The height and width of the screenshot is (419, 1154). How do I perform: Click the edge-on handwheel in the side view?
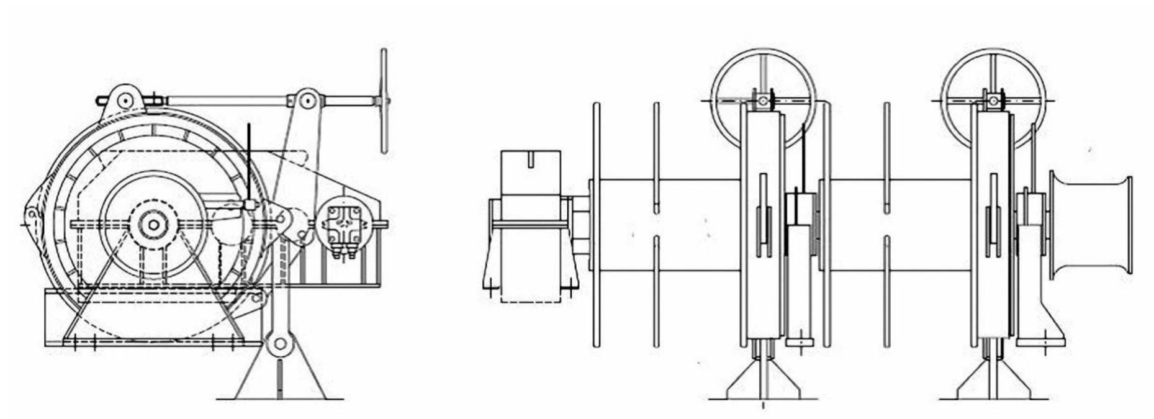pos(384,101)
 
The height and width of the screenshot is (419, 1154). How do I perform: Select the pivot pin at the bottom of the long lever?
pos(280,343)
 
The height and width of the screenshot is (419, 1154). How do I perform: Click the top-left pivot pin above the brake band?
pos(124,100)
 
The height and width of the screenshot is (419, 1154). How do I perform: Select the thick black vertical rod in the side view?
pos(248,161)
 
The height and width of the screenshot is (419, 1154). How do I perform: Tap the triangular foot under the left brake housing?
pos(762,382)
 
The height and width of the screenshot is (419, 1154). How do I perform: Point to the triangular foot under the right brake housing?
pos(993,382)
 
